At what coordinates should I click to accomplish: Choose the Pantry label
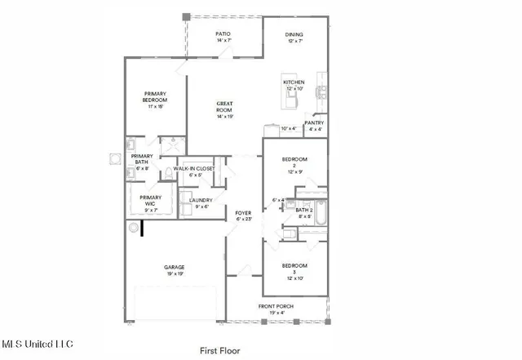click(314, 126)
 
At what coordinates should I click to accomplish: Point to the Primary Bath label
click(142, 160)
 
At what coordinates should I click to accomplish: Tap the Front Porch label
click(276, 309)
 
